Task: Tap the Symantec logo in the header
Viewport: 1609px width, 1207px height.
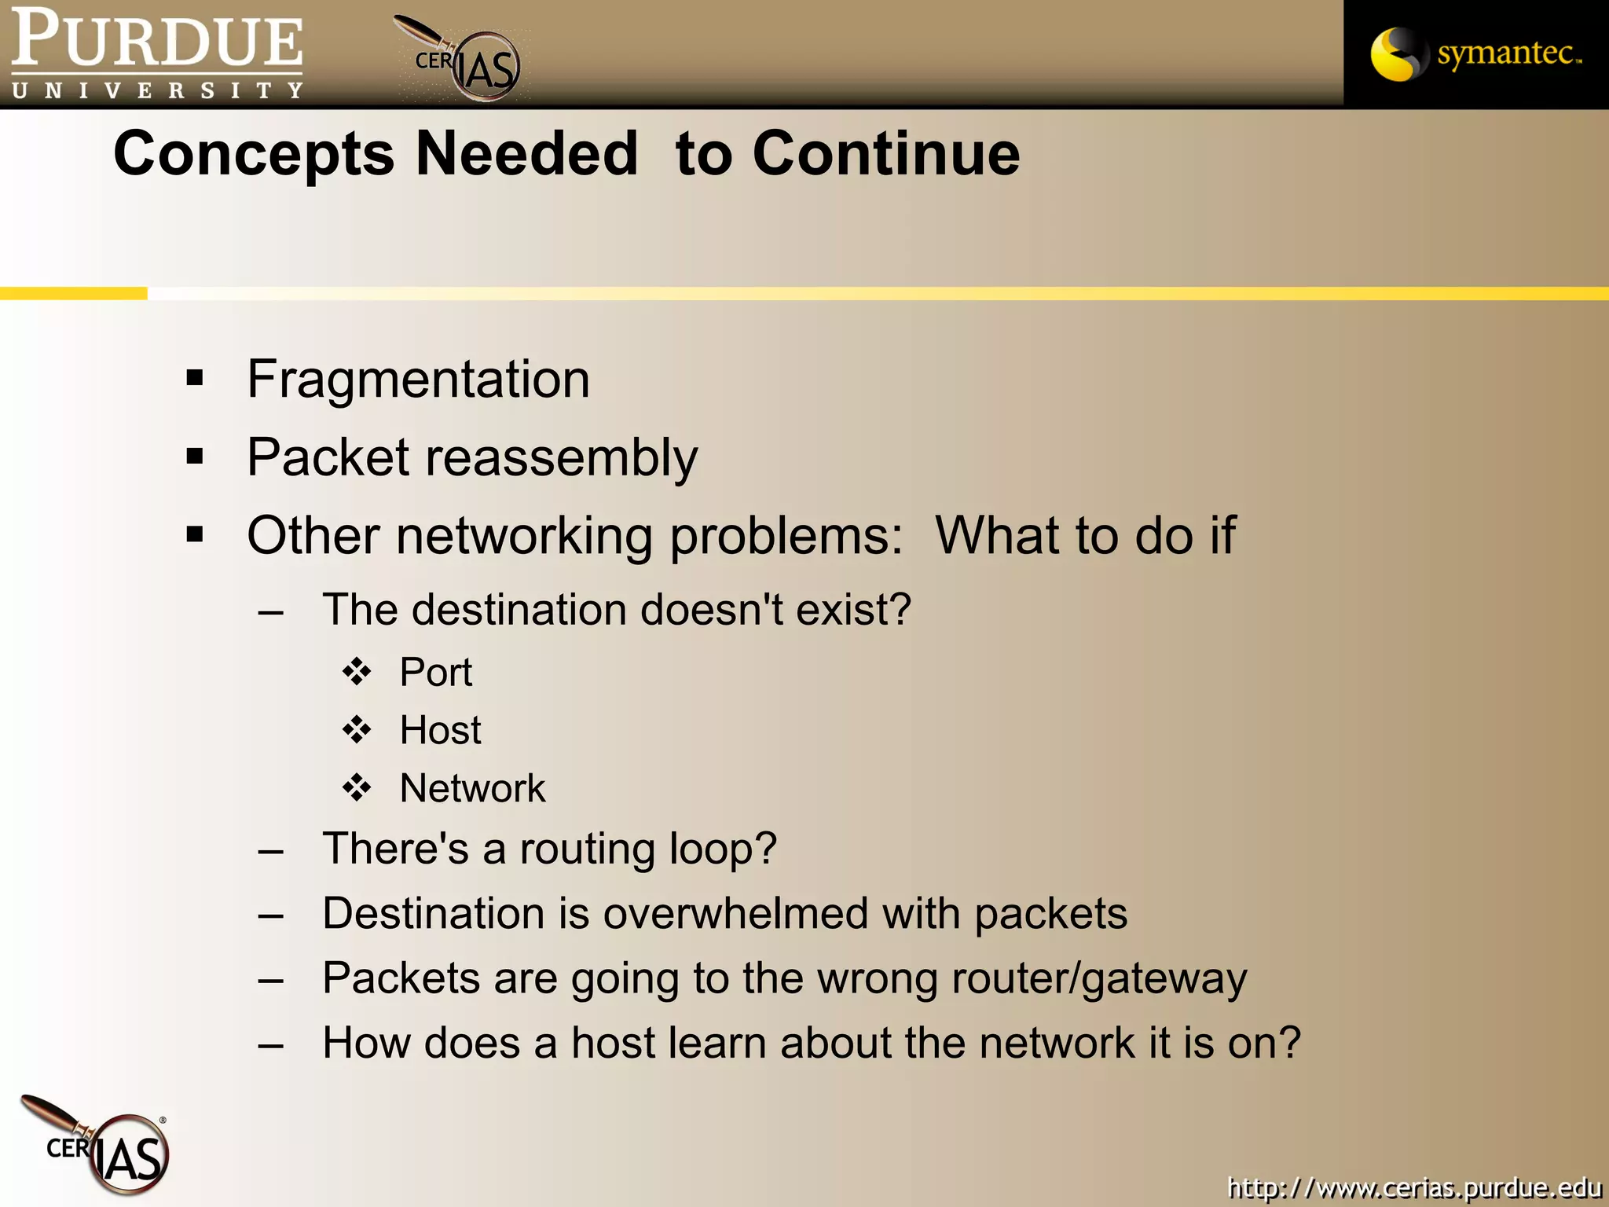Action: point(1475,53)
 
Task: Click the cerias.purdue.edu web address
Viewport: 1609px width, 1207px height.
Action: point(1414,1187)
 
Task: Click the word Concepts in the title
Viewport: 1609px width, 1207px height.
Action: point(254,154)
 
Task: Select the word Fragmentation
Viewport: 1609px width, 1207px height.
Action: point(418,380)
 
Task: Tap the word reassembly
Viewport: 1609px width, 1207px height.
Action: point(561,458)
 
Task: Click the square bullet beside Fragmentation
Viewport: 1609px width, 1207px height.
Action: point(195,379)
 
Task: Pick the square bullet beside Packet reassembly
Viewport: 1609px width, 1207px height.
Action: point(195,457)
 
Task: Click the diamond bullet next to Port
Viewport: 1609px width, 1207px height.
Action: point(357,672)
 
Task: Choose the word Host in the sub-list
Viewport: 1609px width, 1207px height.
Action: point(440,730)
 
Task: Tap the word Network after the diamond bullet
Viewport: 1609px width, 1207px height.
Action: point(472,788)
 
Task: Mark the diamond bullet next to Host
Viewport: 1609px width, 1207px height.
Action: point(357,730)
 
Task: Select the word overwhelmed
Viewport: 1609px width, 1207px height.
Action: point(735,914)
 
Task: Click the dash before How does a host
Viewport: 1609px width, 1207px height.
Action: point(271,1045)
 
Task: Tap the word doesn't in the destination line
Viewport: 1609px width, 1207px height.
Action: point(712,610)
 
